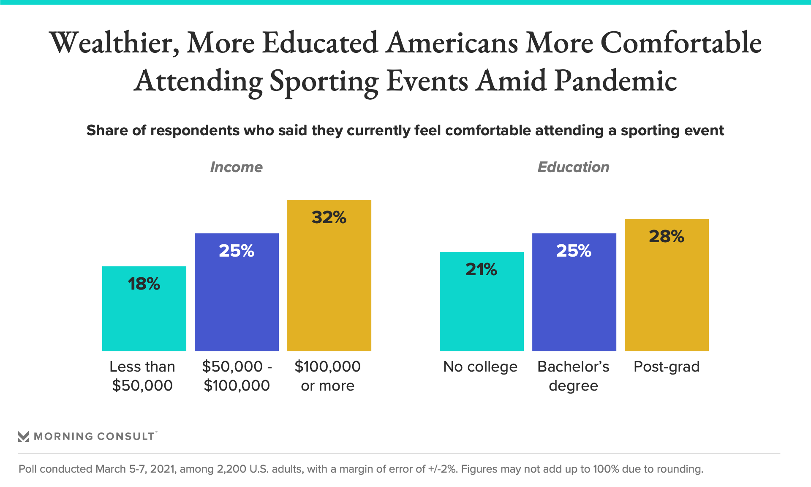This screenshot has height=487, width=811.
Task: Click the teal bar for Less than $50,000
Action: [x=144, y=317]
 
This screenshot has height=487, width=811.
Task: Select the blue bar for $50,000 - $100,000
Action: [x=237, y=300]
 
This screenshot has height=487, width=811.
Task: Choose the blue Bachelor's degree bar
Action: [x=574, y=300]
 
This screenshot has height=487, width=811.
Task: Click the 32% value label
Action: [x=329, y=217]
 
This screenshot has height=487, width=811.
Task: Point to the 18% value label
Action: [x=144, y=284]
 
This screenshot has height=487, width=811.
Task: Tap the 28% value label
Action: [x=667, y=236]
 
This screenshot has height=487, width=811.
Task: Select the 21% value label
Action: [x=482, y=269]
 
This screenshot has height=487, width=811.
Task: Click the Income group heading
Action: [x=237, y=167]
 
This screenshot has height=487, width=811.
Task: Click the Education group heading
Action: [x=574, y=167]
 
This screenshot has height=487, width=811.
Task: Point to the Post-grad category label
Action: [x=667, y=367]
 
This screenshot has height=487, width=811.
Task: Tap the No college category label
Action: [x=480, y=367]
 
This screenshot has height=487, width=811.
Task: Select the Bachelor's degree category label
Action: [x=574, y=376]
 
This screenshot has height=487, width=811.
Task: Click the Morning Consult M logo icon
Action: [x=23, y=436]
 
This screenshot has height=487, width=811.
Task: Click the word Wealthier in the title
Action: [x=114, y=43]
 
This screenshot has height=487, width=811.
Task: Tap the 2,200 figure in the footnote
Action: [x=231, y=469]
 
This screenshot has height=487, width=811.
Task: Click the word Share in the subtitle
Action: [x=107, y=130]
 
